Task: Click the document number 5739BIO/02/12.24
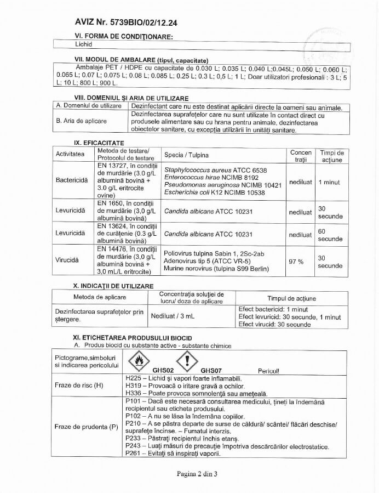(x=144, y=22)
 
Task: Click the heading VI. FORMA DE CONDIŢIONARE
(x=124, y=36)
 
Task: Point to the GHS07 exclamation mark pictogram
(x=187, y=361)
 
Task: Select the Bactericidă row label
(x=71, y=180)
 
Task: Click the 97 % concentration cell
(x=296, y=262)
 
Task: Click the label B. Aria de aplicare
(x=82, y=121)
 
